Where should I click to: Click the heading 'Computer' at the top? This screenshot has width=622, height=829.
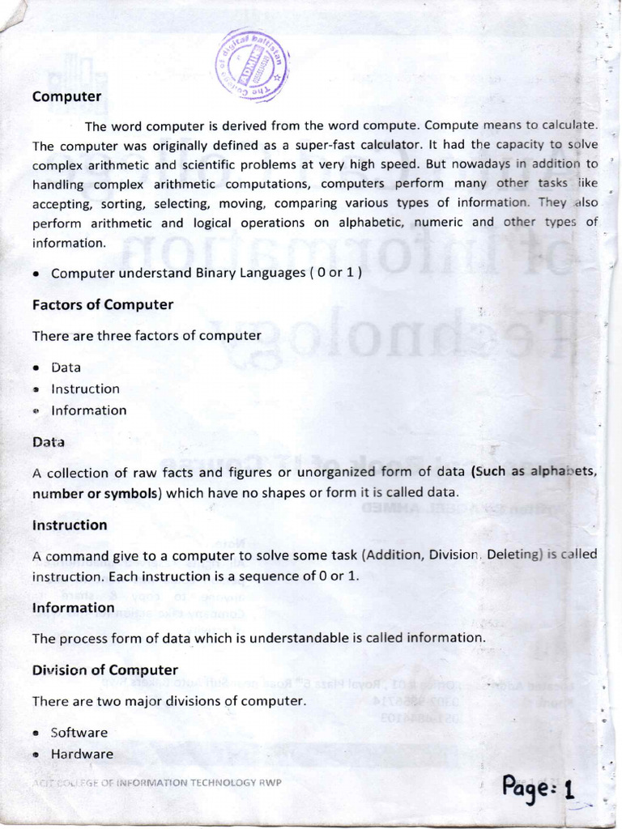tap(66, 96)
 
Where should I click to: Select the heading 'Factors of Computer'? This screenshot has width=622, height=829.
tap(102, 304)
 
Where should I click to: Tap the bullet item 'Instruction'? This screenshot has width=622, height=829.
tap(85, 389)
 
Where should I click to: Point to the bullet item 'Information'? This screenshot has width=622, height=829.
tap(88, 410)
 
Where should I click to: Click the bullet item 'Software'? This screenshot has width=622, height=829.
tap(79, 733)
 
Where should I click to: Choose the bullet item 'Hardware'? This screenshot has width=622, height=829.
tap(82, 754)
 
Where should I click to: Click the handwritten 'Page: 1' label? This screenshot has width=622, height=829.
tap(538, 786)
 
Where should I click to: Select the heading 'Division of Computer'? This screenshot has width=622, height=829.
tap(104, 670)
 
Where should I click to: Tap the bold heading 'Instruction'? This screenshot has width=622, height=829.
tap(70, 525)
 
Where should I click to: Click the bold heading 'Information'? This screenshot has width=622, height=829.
tap(73, 607)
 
